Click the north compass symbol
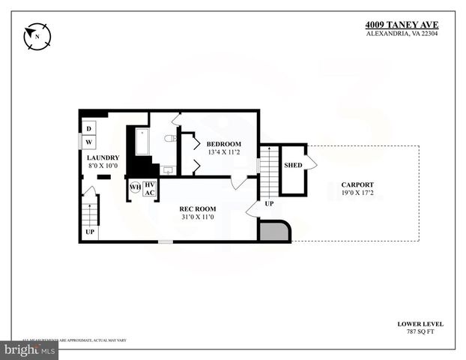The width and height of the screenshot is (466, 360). tap(36, 34)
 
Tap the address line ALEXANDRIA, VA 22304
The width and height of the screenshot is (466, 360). tap(409, 33)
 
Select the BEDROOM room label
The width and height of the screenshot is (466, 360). tap(224, 144)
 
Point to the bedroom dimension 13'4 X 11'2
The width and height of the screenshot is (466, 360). tap(224, 153)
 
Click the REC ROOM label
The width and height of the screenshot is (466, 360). tap(197, 208)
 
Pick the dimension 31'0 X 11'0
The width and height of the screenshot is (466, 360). tap(197, 217)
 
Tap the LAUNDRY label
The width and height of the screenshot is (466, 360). tap(103, 157)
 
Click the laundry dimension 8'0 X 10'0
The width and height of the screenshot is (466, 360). tap(103, 166)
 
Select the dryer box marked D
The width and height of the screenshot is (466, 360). tap(88, 128)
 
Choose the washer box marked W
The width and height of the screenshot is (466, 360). tap(88, 141)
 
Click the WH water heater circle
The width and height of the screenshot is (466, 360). tap(135, 187)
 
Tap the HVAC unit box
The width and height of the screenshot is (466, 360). tap(149, 188)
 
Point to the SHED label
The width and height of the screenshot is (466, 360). tap(292, 164)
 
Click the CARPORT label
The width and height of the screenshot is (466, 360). tap(357, 184)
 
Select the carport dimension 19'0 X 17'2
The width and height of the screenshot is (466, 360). tap(357, 193)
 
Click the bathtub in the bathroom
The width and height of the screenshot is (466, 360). tap(142, 142)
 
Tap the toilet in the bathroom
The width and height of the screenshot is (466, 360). tap(170, 138)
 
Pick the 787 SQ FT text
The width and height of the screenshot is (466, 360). tap(420, 331)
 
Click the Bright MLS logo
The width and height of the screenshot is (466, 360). tap(31, 349)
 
